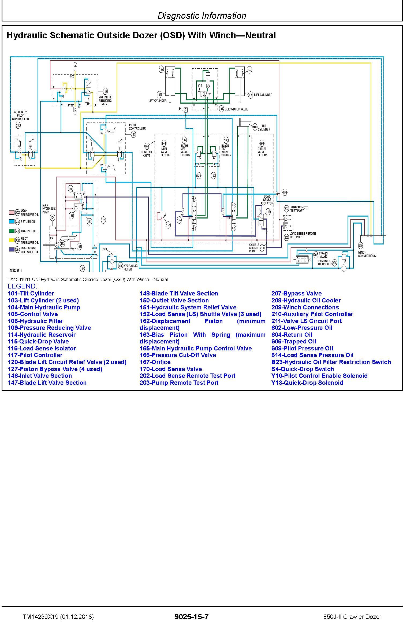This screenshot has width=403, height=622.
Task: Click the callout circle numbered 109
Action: click(x=105, y=91)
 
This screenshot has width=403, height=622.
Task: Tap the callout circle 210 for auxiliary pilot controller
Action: click(x=18, y=125)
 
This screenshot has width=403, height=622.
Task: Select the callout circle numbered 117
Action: click(x=133, y=135)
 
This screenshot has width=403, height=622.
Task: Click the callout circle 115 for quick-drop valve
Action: click(x=221, y=109)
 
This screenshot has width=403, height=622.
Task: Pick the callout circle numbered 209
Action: click(x=361, y=246)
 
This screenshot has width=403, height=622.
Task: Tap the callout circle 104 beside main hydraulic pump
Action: click(x=53, y=217)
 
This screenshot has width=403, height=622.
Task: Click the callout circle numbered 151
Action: click(x=168, y=225)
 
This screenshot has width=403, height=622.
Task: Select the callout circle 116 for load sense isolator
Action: click(x=268, y=212)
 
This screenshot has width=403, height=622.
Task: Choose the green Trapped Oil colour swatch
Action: click(x=11, y=231)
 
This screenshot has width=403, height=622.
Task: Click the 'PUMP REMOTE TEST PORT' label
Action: click(x=299, y=209)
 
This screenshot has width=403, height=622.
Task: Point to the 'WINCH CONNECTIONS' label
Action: click(x=367, y=254)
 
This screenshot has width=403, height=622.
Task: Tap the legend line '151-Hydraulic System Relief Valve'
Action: click(x=188, y=307)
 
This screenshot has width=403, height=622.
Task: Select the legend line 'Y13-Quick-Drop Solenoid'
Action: click(x=307, y=383)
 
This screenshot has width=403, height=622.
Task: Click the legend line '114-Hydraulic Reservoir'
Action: click(x=42, y=335)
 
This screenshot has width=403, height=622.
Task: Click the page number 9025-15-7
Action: click(x=191, y=617)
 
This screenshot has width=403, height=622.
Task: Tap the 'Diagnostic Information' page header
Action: click(x=202, y=16)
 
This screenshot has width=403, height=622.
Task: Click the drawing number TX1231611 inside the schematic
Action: click(x=16, y=271)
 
